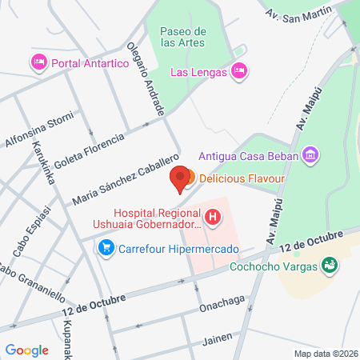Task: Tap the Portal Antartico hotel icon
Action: click(x=38, y=62)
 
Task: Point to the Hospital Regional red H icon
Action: click(x=212, y=216)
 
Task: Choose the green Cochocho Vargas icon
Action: click(x=328, y=264)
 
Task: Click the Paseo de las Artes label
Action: click(x=184, y=37)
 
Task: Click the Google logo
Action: click(x=27, y=350)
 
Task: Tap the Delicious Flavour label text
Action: click(x=238, y=177)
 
